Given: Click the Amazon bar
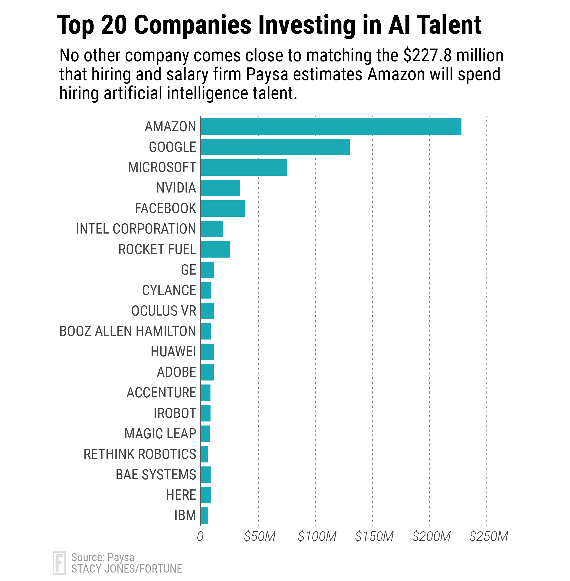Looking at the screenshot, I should [331, 126].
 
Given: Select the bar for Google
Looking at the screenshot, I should [275, 147].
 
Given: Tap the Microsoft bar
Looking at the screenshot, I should [244, 167].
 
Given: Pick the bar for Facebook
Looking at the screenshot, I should [223, 208].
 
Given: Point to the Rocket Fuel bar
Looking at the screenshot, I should [215, 249].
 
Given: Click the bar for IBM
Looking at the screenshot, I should [204, 515].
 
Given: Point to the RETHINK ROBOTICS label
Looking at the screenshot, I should [140, 454].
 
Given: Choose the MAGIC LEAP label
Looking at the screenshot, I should [160, 434].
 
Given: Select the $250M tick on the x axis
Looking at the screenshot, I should [489, 536].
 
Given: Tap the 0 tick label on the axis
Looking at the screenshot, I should [200, 536].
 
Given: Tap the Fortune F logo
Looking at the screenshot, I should [59, 563].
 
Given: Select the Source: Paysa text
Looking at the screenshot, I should [103, 557].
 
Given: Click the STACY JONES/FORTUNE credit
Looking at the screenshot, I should [126, 569].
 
